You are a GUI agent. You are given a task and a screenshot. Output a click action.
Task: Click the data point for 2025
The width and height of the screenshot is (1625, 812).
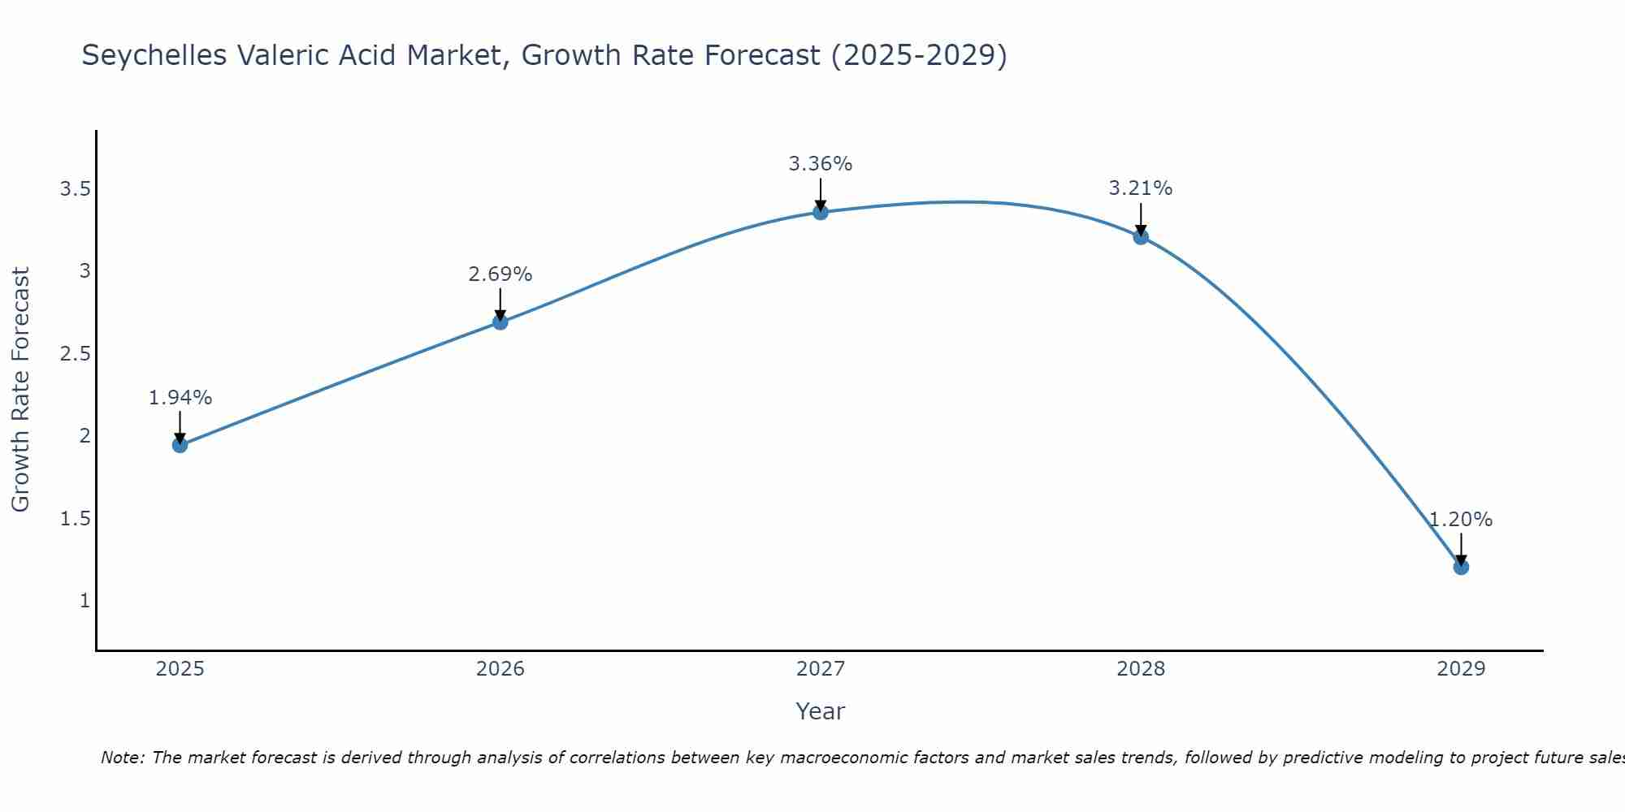click(x=180, y=445)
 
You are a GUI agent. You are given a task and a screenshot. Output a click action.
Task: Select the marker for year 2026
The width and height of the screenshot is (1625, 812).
click(x=500, y=322)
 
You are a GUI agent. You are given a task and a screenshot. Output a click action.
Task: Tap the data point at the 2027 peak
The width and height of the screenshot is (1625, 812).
click(x=821, y=213)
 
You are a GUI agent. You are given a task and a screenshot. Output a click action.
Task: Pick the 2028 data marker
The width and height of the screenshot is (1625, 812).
click(x=1141, y=237)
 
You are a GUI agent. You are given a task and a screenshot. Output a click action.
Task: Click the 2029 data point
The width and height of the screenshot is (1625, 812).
click(x=1461, y=567)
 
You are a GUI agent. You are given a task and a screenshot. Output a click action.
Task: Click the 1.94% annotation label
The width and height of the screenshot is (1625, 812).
click(x=180, y=398)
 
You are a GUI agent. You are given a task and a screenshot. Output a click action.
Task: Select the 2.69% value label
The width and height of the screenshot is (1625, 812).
click(x=500, y=274)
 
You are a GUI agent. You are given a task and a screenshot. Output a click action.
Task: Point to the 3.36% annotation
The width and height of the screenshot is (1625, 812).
click(x=821, y=164)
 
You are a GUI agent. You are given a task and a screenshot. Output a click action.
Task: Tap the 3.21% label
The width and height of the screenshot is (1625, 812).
click(x=1141, y=188)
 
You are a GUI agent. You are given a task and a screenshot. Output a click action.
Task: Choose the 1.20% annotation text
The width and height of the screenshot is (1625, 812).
click(x=1461, y=520)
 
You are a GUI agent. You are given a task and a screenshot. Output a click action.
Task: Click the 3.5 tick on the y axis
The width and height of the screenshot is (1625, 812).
click(x=75, y=189)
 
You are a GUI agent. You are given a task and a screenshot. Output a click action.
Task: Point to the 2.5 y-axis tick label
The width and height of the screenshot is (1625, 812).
click(x=75, y=354)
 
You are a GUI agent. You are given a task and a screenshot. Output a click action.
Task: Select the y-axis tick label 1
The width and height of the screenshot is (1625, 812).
click(x=84, y=601)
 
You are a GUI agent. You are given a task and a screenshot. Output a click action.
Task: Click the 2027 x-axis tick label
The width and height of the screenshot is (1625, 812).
click(x=821, y=669)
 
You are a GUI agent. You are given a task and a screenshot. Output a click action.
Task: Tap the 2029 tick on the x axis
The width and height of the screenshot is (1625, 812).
click(x=1461, y=669)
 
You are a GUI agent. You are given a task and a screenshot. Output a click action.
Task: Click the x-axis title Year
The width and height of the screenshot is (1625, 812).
click(x=821, y=711)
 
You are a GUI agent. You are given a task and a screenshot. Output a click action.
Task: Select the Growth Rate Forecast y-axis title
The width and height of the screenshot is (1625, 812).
click(x=21, y=390)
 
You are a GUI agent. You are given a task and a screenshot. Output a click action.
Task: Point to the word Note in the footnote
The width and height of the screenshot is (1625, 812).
click(x=122, y=758)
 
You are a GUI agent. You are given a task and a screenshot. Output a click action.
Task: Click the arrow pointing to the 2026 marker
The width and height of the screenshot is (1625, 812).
click(x=500, y=304)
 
